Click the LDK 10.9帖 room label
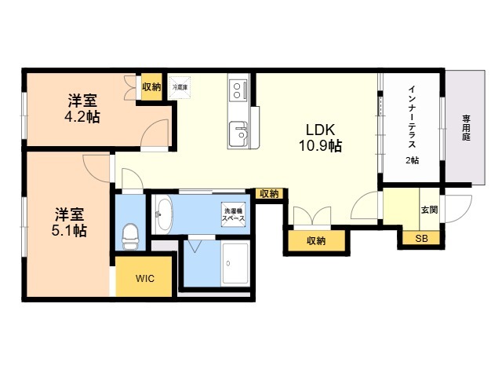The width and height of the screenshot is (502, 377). click(x=318, y=138)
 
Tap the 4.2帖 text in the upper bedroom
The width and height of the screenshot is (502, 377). click(x=82, y=117)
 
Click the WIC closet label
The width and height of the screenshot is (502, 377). click(x=144, y=278)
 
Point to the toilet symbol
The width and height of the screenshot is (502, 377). click(x=131, y=233)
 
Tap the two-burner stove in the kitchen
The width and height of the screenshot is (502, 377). click(x=237, y=92)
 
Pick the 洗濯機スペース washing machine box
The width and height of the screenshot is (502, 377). click(x=235, y=213)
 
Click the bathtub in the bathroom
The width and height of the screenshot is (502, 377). click(x=235, y=263)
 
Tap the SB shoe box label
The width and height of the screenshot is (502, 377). click(x=421, y=238)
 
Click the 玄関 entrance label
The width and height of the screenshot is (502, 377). click(x=429, y=210)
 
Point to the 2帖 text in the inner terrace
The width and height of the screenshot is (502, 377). click(x=412, y=160)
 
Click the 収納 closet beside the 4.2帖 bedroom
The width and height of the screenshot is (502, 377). click(x=151, y=87)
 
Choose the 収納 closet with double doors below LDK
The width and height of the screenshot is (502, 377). click(x=315, y=240)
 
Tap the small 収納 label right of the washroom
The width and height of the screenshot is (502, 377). click(x=268, y=194)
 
